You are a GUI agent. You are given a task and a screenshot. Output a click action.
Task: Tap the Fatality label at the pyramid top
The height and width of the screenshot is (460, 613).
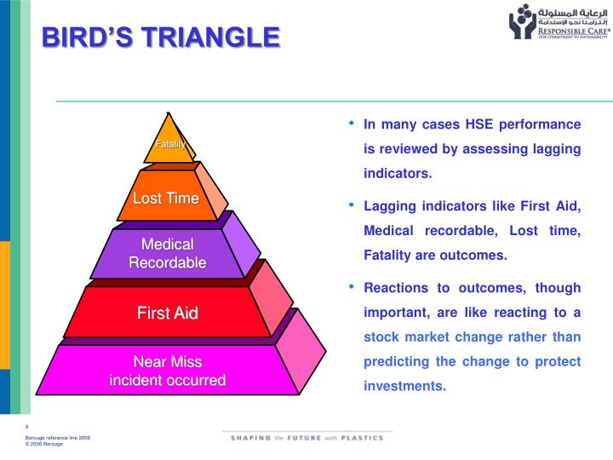(170, 144)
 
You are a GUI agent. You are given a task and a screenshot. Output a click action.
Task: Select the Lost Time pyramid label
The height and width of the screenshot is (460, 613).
(166, 198)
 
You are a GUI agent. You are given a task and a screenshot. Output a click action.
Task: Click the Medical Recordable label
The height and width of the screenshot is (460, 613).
(168, 253)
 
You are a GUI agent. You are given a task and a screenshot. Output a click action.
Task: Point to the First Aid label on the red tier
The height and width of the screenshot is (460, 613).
(168, 313)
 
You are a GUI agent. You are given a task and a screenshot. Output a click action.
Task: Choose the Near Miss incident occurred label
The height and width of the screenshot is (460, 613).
(168, 371)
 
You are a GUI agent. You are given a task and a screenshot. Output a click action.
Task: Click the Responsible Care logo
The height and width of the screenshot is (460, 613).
(559, 23)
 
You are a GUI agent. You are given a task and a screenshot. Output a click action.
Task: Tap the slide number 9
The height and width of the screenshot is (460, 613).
(27, 426)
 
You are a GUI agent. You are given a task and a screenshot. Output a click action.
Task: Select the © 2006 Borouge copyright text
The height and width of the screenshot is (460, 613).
(49, 443)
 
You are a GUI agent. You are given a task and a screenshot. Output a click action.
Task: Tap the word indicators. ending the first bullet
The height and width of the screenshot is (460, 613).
(398, 173)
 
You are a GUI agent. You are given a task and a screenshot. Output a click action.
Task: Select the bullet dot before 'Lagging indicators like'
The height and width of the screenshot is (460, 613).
(352, 206)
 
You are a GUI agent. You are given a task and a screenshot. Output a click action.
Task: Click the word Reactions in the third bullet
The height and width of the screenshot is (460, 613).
(395, 288)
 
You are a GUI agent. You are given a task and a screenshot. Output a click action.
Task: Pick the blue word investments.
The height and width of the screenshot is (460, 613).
(404, 385)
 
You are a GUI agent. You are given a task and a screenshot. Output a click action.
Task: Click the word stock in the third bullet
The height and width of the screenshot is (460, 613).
(381, 336)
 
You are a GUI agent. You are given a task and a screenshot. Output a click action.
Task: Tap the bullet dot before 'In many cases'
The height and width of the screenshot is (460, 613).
(352, 124)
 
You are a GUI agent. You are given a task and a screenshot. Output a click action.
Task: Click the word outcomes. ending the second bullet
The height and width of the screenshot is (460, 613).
(470, 255)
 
